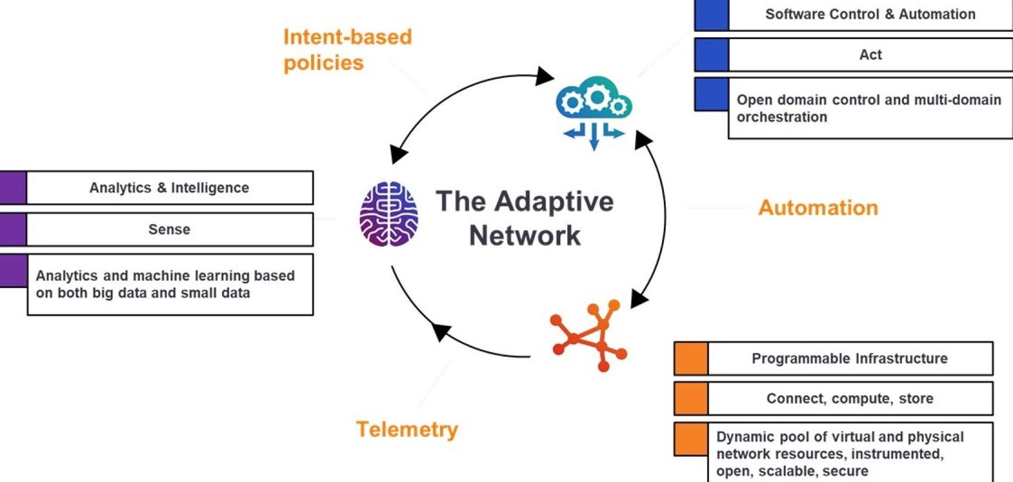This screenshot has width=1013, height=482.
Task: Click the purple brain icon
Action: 388,214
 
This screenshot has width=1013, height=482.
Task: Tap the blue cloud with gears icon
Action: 594,113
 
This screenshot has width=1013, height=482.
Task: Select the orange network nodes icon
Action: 588,335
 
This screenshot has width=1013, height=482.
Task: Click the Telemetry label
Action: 407,429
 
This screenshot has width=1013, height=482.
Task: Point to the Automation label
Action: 818,208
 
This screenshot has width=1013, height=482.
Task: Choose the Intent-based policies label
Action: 347,49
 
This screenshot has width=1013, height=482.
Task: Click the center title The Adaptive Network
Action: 525,218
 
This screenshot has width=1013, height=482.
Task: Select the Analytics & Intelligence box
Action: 170,187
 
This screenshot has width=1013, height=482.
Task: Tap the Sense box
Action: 170,230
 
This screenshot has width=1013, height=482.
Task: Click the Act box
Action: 871,55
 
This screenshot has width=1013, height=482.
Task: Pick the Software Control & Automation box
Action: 871,14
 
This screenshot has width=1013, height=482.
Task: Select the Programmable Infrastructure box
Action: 850,358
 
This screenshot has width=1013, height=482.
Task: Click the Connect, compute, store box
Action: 850,398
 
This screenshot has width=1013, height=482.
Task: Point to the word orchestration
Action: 782,117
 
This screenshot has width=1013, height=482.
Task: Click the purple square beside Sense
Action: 13,230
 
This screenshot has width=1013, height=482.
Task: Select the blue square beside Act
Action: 712,55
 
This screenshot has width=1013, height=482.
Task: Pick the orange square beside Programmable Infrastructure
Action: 691,358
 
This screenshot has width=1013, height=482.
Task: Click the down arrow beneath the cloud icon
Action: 595,137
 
